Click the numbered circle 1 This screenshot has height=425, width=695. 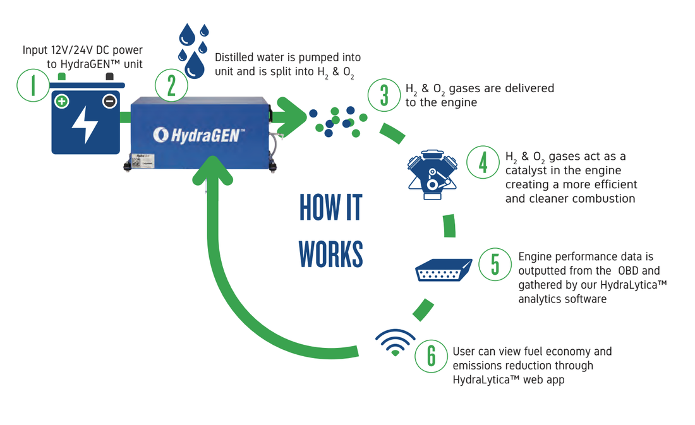pyautogui.click(x=33, y=85)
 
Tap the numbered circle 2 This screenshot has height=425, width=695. pyautogui.click(x=171, y=85)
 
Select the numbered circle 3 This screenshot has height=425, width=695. pyautogui.click(x=384, y=95)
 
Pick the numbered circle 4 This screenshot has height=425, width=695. pyautogui.click(x=483, y=162)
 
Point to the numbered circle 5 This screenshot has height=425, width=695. pyautogui.click(x=495, y=264)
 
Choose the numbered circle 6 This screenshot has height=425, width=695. pyautogui.click(x=432, y=356)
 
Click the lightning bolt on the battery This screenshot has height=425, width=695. pyautogui.click(x=85, y=124)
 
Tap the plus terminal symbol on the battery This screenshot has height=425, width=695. pyautogui.click(x=62, y=102)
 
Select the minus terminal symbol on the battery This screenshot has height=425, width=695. pyautogui.click(x=109, y=102)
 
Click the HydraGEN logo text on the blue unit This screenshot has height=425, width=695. pyautogui.click(x=198, y=135)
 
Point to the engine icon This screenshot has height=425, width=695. pyautogui.click(x=432, y=174)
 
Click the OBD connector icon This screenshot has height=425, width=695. pyautogui.click(x=444, y=270)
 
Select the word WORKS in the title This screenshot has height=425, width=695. pyautogui.click(x=330, y=254)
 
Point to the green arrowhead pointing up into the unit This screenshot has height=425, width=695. pyautogui.click(x=213, y=171)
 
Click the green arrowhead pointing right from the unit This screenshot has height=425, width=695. pyautogui.click(x=292, y=117)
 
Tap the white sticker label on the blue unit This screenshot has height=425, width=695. pyautogui.click(x=142, y=160)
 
